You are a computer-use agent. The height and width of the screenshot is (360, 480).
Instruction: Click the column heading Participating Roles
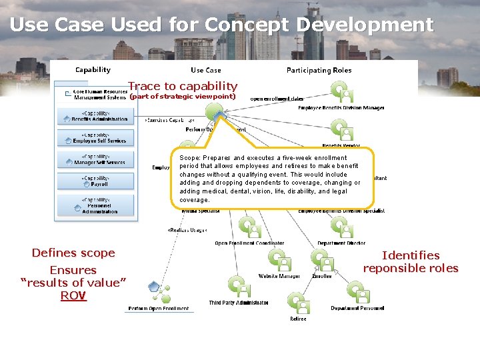pos(319,70)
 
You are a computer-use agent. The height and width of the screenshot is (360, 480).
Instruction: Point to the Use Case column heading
pos(205,70)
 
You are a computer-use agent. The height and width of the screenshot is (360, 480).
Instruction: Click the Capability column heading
pos(93,69)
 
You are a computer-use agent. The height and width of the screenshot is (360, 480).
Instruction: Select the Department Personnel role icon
pos(357,292)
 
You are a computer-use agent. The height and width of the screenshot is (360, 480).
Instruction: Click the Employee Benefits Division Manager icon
pos(341,91)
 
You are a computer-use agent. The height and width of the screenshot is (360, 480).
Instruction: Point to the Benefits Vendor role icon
pos(341,129)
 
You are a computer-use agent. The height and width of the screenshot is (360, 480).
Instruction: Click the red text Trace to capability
pos(182,86)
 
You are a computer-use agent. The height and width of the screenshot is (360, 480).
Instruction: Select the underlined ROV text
pos(73,295)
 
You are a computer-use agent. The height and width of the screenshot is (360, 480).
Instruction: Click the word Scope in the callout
pos(189,158)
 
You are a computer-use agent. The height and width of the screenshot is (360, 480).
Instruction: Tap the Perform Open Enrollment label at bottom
pos(159,309)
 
